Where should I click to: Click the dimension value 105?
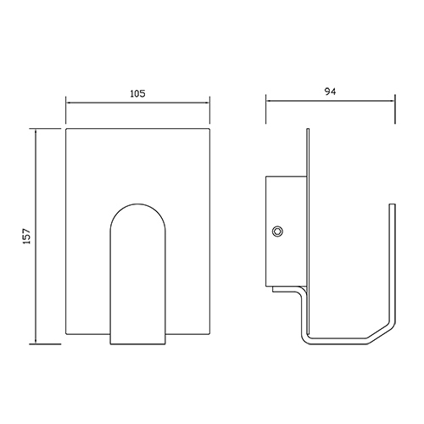point(138,94)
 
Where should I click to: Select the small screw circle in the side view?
point(277,232)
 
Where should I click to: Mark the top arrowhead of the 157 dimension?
point(36,132)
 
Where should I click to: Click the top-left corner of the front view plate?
point(66,130)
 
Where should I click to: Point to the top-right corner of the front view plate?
point(209,130)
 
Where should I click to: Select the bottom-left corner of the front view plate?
point(66,335)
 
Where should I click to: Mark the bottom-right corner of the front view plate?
point(209,335)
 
